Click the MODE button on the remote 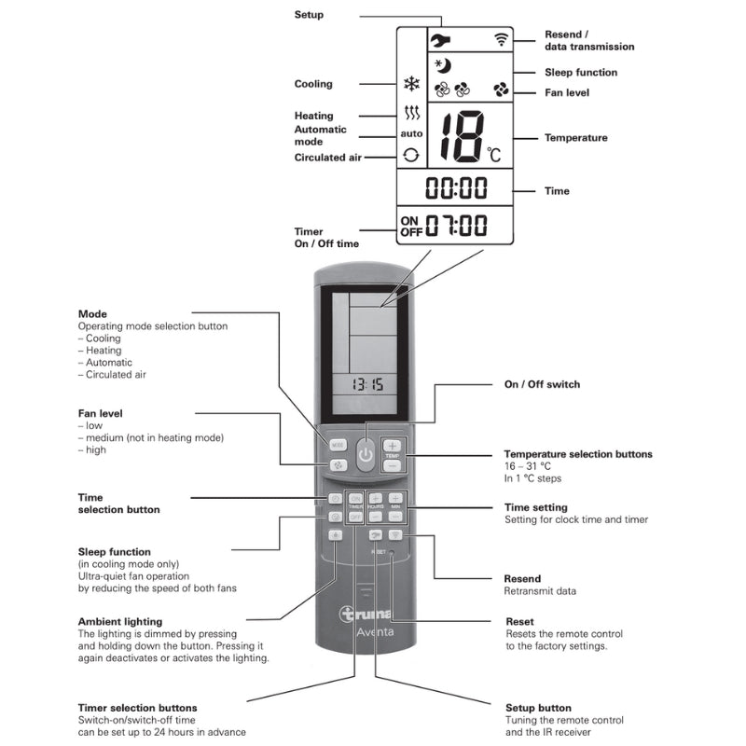[x=338, y=446]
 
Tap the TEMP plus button [x=393, y=446]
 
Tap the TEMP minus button [x=393, y=464]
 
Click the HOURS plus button [x=375, y=499]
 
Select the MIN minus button [x=395, y=516]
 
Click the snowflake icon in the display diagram [x=411, y=84]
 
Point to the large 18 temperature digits [x=463, y=137]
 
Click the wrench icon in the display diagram [x=440, y=40]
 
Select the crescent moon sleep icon [x=443, y=65]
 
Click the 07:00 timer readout [x=457, y=225]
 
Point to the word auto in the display [x=411, y=134]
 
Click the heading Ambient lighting [x=119, y=621]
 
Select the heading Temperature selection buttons [x=578, y=454]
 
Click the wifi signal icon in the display [x=502, y=40]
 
